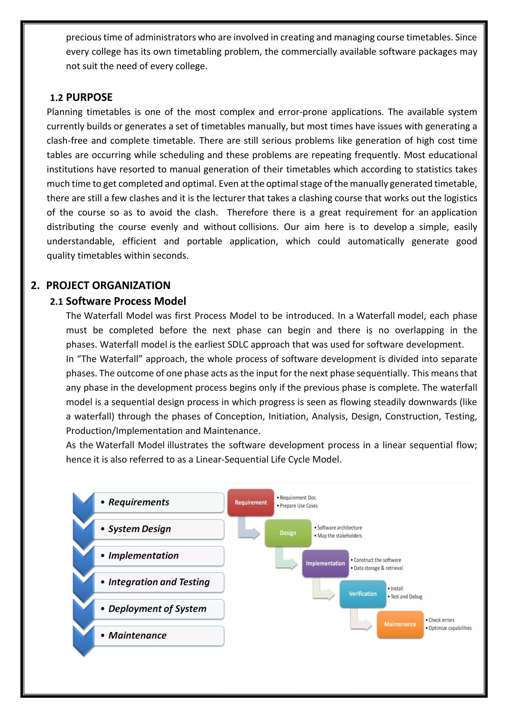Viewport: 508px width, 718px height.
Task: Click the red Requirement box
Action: coord(251,503)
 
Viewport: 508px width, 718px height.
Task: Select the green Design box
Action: coord(288,533)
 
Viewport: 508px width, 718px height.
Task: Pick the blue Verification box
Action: coord(363,594)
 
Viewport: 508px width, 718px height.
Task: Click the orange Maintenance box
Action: coord(400,624)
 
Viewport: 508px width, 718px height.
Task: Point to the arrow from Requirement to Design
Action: coord(248,529)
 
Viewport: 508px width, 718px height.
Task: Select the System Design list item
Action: coord(139,529)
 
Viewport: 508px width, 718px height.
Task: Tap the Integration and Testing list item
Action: coord(159,582)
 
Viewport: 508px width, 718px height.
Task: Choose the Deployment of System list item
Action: coord(157,609)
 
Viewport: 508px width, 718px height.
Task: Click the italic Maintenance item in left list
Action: coord(137,635)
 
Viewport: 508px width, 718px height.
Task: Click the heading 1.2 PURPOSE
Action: coord(81,98)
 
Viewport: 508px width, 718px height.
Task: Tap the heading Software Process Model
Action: coord(126,301)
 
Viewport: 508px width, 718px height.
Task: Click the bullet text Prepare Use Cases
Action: coord(298,506)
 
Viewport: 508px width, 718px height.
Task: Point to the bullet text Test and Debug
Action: coord(406,597)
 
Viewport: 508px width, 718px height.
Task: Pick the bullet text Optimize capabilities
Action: coord(449,628)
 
